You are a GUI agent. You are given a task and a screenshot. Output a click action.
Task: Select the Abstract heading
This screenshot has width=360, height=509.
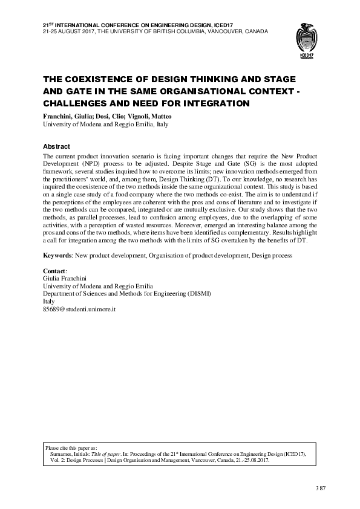(56, 147)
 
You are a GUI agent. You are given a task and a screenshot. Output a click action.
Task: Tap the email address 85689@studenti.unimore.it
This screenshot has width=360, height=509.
(79, 309)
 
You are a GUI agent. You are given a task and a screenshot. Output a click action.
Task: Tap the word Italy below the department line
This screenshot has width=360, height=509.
(49, 302)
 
